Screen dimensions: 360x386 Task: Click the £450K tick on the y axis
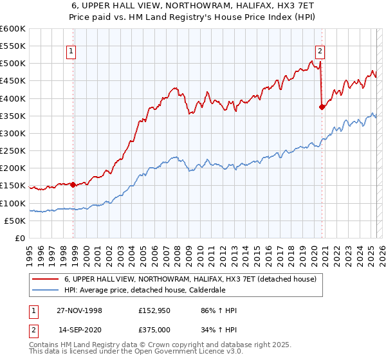coord(12,81)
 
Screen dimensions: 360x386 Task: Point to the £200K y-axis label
coord(12,168)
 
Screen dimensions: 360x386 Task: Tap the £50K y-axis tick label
coord(15,221)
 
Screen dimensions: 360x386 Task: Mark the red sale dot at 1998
coord(73,184)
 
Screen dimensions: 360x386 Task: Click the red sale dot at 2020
coord(322,107)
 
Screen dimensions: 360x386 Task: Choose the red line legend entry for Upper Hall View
coord(190,280)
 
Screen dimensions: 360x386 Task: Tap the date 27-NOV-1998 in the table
coord(80,310)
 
